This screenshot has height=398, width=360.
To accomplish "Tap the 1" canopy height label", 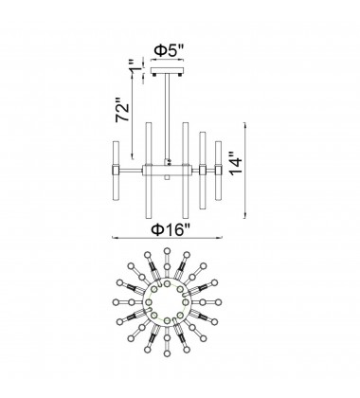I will point(120,70).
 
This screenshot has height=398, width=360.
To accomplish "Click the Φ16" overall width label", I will point(174,227).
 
